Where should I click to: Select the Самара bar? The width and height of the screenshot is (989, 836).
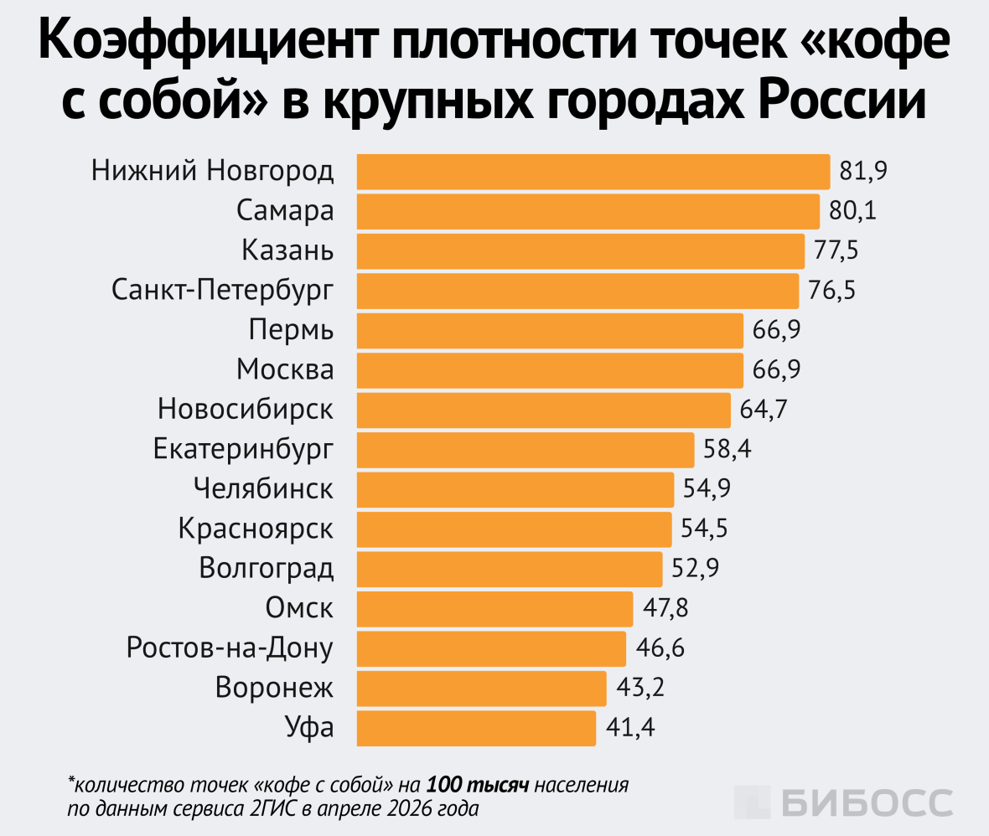point(588,211)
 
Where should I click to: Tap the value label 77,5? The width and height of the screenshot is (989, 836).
point(836,250)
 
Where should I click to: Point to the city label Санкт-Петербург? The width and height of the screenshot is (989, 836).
point(222,291)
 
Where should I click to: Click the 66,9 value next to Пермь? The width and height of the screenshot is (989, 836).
point(776,330)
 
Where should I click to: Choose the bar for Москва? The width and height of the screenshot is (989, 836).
point(550,370)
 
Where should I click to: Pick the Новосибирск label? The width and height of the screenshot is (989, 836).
point(246,410)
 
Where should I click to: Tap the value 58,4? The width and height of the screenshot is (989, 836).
point(727,450)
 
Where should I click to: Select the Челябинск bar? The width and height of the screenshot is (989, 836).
point(515,489)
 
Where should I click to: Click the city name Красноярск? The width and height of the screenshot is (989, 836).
point(256,529)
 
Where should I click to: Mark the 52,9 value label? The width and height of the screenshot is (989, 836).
point(695,569)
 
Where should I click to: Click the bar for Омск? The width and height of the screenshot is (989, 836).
point(495,609)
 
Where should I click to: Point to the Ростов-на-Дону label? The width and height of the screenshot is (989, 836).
point(230,648)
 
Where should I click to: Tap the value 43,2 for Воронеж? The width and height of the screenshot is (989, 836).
point(639,689)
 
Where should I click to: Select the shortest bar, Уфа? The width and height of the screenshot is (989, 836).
point(476,728)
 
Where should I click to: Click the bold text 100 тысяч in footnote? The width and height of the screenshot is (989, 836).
point(477,786)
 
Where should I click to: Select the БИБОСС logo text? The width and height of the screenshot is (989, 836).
point(867,802)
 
